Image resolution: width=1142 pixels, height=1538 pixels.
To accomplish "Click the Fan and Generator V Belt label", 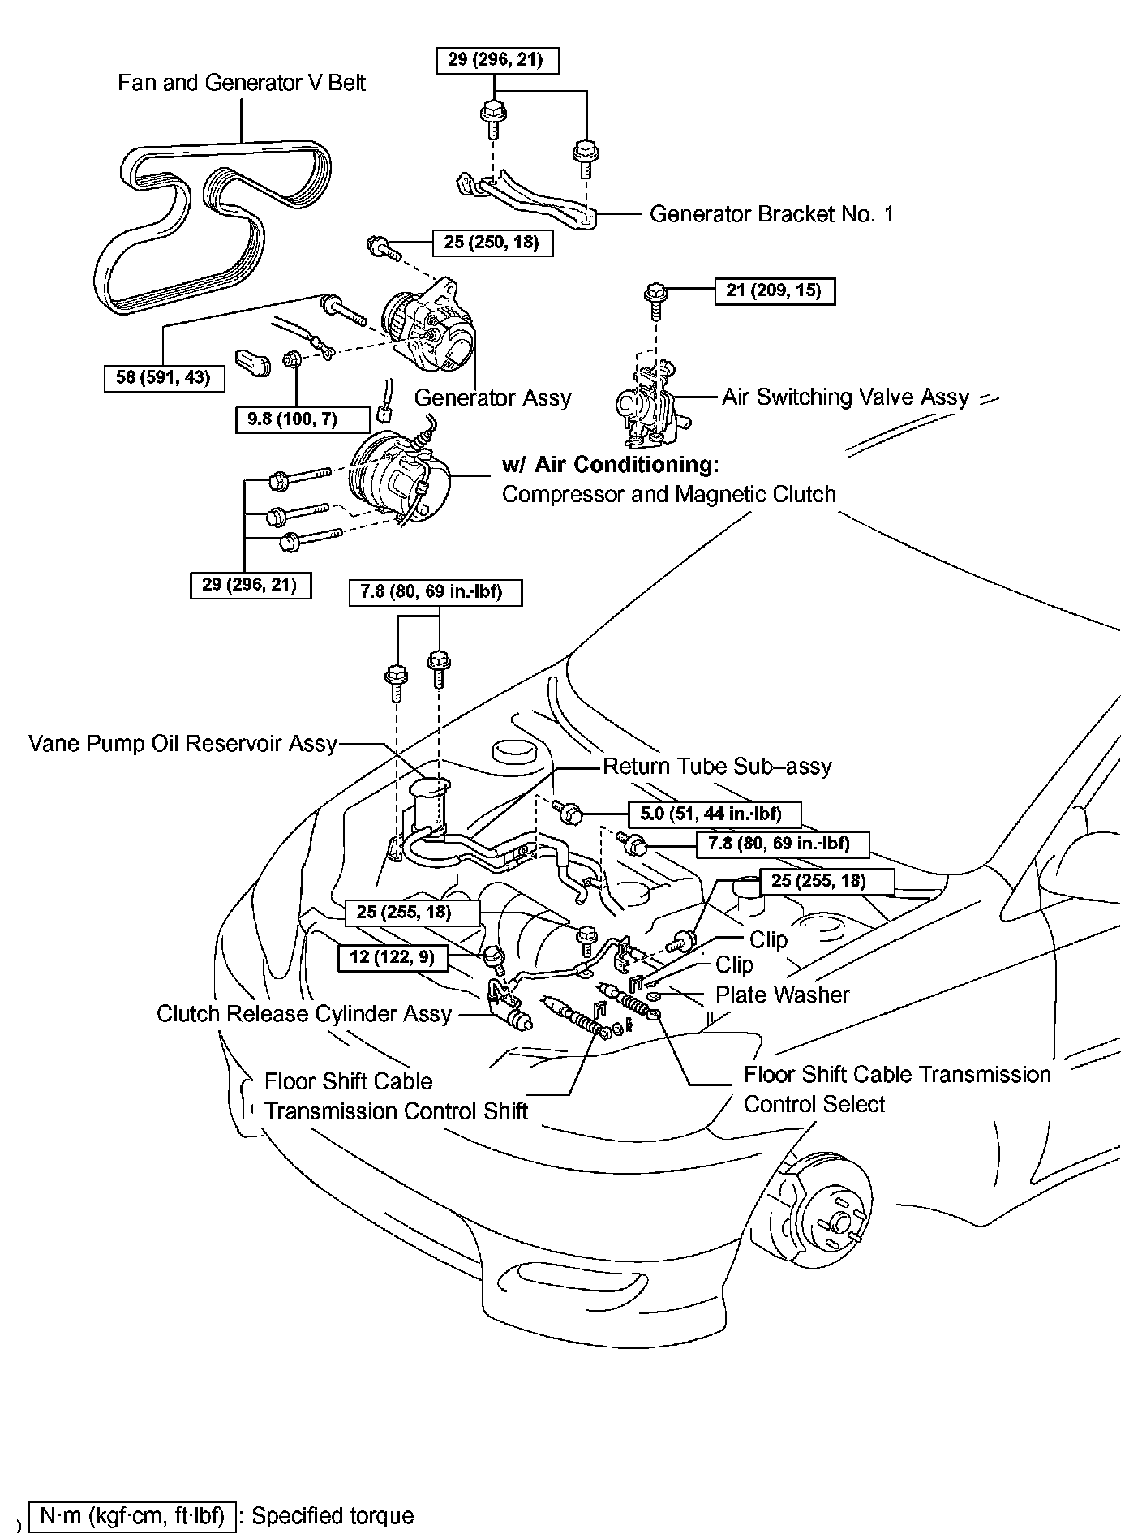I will (x=241, y=83).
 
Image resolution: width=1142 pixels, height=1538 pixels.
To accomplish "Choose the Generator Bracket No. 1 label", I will (x=771, y=214).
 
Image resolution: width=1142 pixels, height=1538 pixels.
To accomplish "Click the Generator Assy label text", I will (x=492, y=397).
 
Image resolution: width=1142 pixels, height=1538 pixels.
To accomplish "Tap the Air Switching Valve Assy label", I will (x=845, y=397).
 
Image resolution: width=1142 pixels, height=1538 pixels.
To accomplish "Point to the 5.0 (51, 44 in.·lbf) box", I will (x=715, y=814).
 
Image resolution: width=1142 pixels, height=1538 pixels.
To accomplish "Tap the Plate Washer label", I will (x=782, y=995).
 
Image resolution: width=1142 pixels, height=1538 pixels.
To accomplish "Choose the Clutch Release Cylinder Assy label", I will (x=303, y=1014).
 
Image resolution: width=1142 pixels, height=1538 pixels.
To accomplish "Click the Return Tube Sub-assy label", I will (x=717, y=767).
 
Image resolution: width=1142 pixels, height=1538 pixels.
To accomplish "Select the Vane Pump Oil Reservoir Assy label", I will (x=182, y=744).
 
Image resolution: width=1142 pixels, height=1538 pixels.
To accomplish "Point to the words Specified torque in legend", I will (x=333, y=1515).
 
